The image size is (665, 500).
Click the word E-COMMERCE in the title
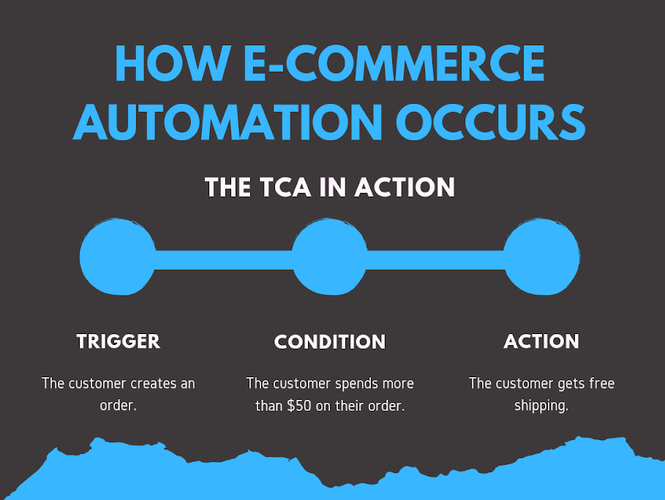click(394, 63)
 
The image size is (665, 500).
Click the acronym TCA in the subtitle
click(285, 187)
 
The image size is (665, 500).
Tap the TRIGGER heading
click(119, 341)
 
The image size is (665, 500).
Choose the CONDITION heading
click(330, 341)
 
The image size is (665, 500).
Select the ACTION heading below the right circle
click(541, 341)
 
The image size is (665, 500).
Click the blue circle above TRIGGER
click(118, 257)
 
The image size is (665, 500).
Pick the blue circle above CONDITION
click(329, 257)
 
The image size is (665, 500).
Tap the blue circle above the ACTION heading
click(541, 257)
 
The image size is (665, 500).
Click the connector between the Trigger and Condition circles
click(224, 260)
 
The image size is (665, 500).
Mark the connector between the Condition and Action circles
click(435, 260)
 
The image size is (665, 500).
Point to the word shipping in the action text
click(541, 406)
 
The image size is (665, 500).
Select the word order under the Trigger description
click(116, 406)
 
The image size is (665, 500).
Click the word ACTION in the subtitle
click(405, 187)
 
